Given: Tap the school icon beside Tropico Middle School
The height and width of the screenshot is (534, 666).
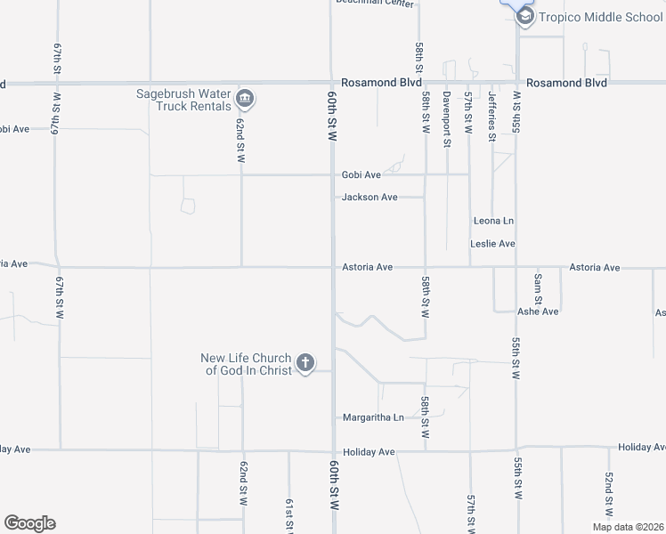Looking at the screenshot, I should [x=525, y=16].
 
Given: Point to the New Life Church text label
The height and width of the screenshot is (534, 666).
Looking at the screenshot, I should [x=247, y=365].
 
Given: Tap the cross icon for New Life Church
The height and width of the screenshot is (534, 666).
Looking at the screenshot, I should [x=305, y=362].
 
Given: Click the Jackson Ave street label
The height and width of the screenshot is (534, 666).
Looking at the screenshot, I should [x=370, y=198].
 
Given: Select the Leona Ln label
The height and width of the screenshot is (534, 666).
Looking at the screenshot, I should [x=494, y=221].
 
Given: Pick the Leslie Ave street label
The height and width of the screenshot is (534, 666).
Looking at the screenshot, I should [x=493, y=244].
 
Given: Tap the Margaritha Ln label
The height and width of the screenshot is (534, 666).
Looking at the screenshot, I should [x=373, y=417].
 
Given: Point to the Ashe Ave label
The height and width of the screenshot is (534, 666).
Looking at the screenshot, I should [x=538, y=311].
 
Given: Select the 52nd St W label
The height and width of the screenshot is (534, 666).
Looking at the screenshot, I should [x=609, y=494].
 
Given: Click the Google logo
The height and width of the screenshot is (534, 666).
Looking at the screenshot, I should [x=29, y=523].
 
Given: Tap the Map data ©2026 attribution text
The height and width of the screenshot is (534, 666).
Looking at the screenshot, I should [x=627, y=527].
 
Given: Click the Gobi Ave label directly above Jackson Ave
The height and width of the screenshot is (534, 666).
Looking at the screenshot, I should [x=361, y=175].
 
